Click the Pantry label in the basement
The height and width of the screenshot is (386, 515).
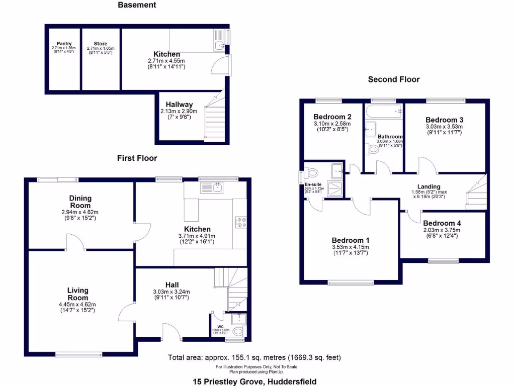[63, 44]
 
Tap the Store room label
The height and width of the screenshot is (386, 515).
[100, 44]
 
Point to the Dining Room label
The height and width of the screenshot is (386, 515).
[80, 202]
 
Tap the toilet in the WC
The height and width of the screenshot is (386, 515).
[238, 330]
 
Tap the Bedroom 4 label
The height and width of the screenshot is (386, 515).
[441, 223]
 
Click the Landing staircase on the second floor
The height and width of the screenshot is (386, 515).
[476, 194]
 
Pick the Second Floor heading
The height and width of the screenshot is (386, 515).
[394, 79]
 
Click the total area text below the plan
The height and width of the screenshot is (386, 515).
[254, 358]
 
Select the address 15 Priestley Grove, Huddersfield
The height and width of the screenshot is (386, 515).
[255, 381]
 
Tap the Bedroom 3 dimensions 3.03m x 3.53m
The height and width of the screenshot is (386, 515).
[444, 127]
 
